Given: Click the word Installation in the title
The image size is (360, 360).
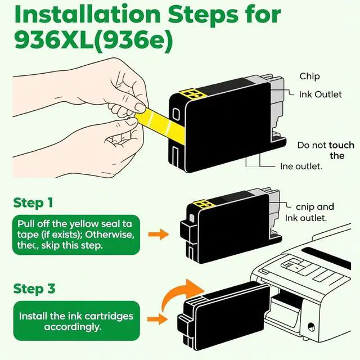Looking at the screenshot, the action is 87,14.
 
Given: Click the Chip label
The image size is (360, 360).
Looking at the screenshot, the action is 309,76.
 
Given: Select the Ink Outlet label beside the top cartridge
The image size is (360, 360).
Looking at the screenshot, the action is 320,94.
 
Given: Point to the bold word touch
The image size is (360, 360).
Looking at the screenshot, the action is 341,145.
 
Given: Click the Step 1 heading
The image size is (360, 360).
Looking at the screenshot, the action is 33,203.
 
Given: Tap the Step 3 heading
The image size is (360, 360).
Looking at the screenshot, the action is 34,289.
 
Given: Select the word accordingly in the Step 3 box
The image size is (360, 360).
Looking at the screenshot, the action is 73,327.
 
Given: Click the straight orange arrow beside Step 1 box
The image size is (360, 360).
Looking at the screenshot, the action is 159,235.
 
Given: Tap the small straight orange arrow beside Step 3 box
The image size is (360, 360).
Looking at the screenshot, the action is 157,319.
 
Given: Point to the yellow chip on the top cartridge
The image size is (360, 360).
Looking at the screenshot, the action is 191,94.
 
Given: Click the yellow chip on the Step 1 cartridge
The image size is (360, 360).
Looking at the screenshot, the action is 202,204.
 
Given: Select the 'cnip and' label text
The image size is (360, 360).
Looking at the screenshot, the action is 315,207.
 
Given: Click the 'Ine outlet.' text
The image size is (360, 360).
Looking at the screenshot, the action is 301,166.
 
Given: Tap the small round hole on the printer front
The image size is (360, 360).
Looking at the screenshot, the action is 311,326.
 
